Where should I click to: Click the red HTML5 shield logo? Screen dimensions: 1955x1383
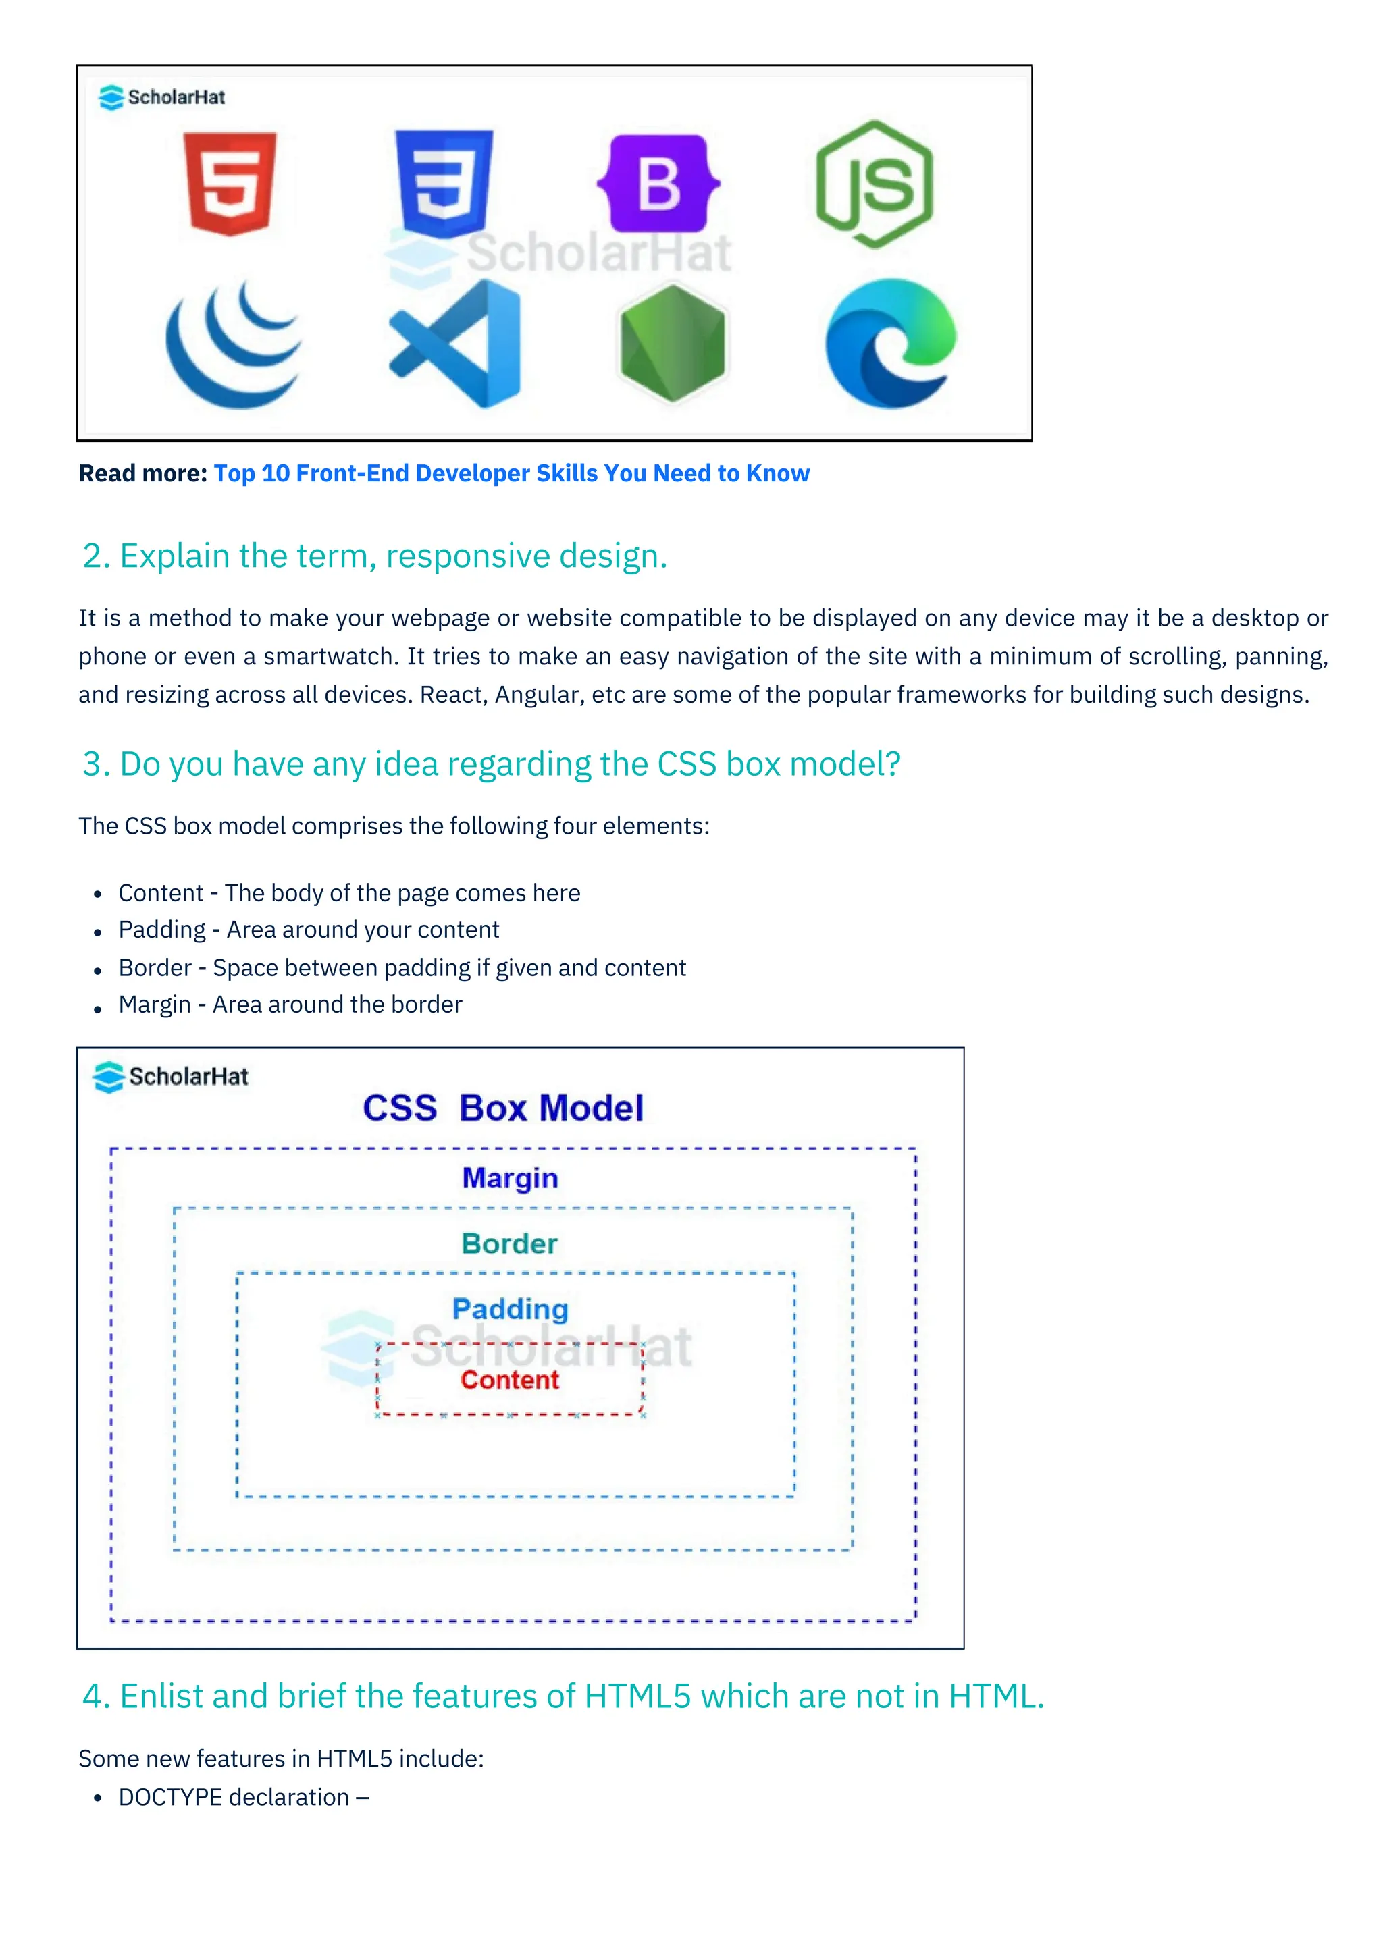click(230, 182)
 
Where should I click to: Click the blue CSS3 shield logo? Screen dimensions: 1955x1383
click(444, 182)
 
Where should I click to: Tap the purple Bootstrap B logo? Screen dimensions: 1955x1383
click(658, 183)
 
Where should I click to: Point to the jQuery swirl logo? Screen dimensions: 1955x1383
click(234, 344)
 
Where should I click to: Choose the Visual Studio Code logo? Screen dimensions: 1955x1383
click(456, 344)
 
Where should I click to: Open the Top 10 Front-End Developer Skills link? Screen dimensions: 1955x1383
click(511, 473)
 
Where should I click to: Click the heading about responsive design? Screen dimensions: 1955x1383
click(375, 556)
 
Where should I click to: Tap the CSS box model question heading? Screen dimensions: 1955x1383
click(492, 764)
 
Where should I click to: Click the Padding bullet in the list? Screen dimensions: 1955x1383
click(309, 930)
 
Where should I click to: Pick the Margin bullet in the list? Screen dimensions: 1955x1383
click(290, 1005)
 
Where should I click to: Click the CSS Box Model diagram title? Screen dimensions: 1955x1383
click(503, 1108)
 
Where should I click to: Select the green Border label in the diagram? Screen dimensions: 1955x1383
click(509, 1243)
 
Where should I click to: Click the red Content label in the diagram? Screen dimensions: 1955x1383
click(510, 1379)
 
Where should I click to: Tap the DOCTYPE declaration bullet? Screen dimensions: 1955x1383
click(242, 1798)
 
